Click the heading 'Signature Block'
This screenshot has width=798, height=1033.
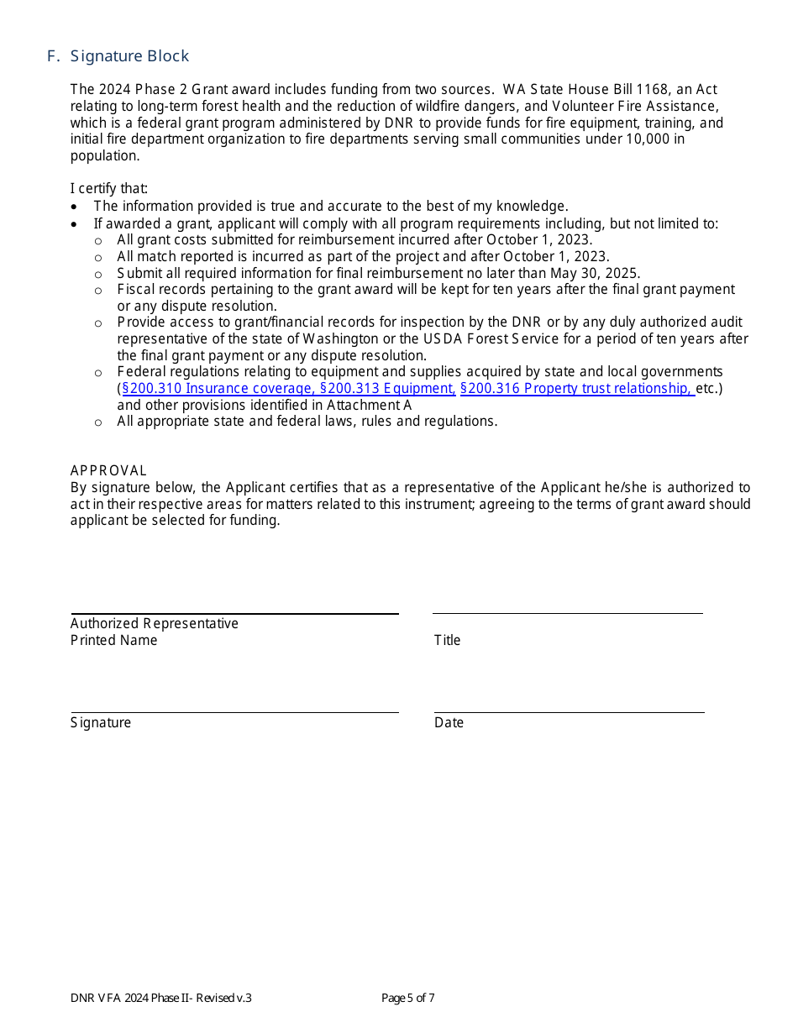[x=129, y=56]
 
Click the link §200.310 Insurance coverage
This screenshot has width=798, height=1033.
[x=218, y=388]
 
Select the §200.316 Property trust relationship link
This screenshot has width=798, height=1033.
[x=576, y=388]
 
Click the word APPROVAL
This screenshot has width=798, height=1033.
[x=108, y=470]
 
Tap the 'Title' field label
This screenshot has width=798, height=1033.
[x=447, y=640]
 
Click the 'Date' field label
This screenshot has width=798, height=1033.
[x=449, y=722]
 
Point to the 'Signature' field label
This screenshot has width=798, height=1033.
[x=101, y=722]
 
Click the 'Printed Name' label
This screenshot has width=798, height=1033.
[x=113, y=640]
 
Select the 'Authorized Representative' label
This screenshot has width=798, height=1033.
[x=155, y=623]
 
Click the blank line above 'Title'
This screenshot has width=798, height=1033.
[x=567, y=613]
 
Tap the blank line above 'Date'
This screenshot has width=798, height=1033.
[x=569, y=712]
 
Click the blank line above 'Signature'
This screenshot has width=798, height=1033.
[x=234, y=712]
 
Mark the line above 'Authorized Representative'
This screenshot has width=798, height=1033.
[x=234, y=614]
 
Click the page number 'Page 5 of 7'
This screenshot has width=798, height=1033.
[x=407, y=998]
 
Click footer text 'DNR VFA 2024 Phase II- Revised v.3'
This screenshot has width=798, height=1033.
[x=161, y=998]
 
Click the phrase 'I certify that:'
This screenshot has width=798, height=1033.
[x=109, y=188]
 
